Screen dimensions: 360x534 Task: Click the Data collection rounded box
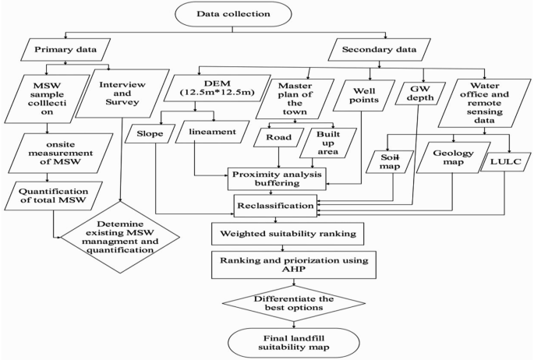pos(267,14)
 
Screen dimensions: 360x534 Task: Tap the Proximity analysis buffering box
pos(277,177)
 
